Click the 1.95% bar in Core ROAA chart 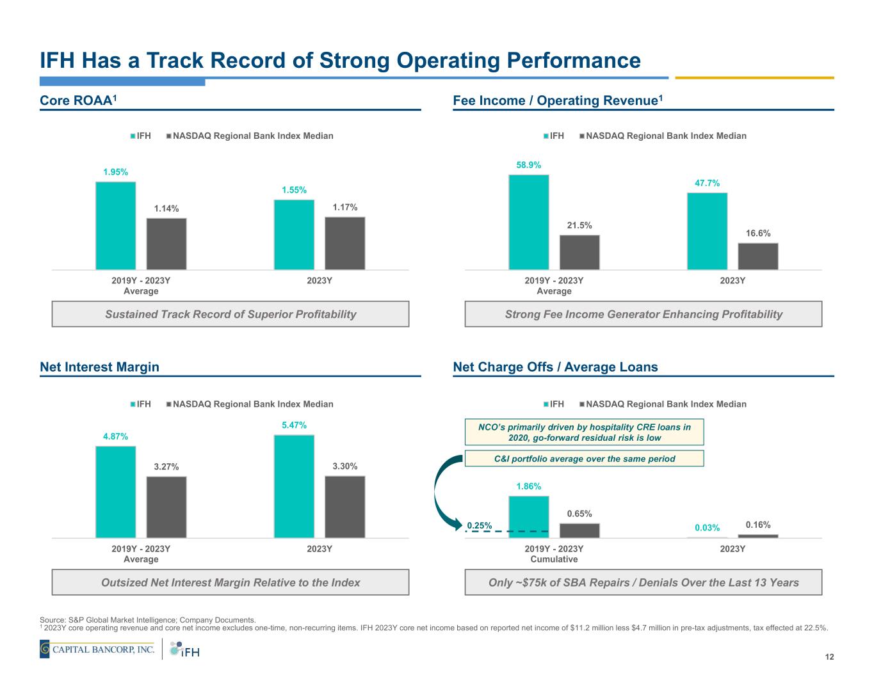(115, 225)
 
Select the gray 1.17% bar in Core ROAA (344, 243)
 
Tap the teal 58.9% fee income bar (528, 221)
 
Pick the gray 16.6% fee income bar (757, 256)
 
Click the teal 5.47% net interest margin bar (294, 486)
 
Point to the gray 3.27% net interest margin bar (166, 507)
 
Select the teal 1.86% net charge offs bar (528, 516)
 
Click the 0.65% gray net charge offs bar (579, 530)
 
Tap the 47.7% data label (707, 183)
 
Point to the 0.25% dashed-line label (479, 526)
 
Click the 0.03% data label (707, 528)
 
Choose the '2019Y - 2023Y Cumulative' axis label (554, 554)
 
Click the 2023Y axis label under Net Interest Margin (319, 549)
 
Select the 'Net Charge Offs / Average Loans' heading (555, 367)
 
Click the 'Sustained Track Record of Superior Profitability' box (230, 314)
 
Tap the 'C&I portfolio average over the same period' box (583, 458)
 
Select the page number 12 (829, 657)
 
